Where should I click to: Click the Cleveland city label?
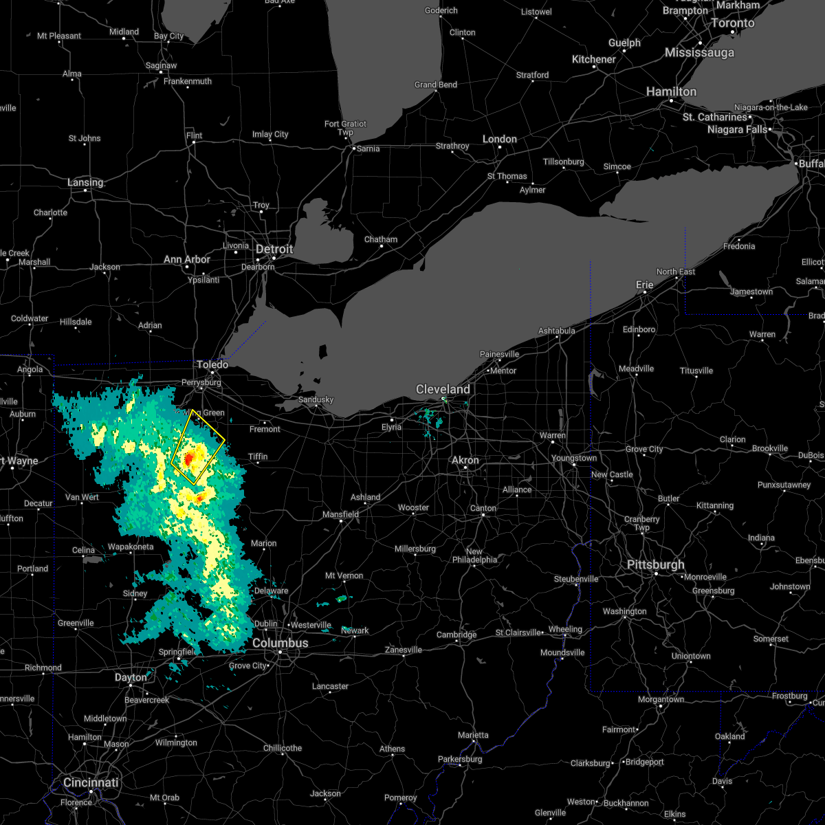pos(443,389)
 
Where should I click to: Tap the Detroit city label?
pos(274,249)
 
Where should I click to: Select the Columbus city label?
pos(280,643)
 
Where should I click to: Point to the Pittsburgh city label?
pos(655,564)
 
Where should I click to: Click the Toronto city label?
pos(733,23)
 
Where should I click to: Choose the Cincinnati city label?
pos(91,782)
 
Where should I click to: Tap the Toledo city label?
pos(212,364)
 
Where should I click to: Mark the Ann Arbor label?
pos(187,259)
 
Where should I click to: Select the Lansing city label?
pos(85,182)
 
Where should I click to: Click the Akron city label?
pos(465,460)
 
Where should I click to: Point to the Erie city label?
pos(644,285)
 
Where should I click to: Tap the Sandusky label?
pos(316,399)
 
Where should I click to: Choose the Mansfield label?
pos(341,514)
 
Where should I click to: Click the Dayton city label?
pos(131,677)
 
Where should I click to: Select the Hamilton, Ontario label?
pos(671,91)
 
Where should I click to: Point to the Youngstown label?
pos(574,458)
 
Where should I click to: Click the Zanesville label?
pos(404,650)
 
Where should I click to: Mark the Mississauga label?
pos(699,53)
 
